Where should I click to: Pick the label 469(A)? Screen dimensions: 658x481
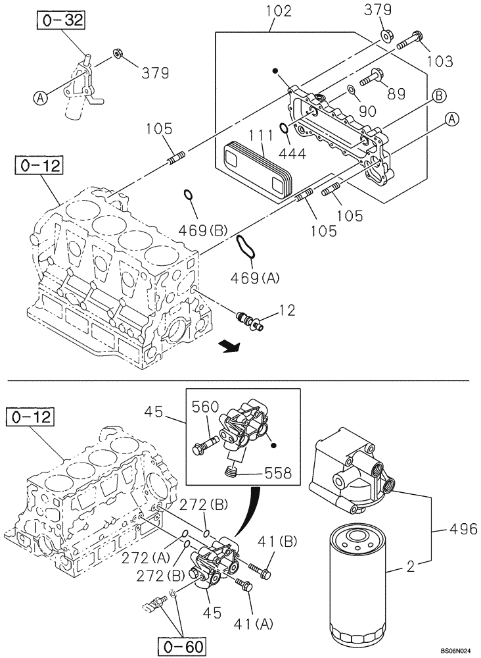click(255, 278)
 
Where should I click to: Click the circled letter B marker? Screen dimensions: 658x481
click(438, 95)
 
